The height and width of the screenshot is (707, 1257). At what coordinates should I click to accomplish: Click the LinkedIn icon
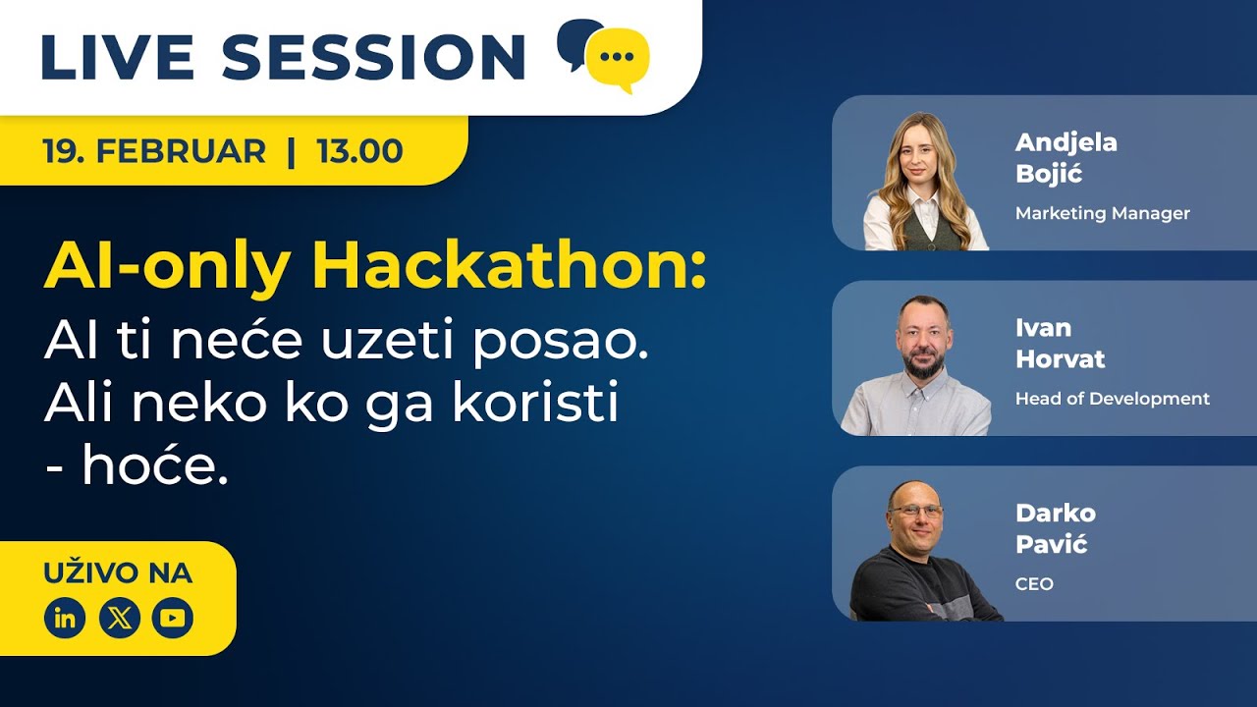point(65,618)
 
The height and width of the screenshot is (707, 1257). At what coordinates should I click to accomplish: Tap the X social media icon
point(119,618)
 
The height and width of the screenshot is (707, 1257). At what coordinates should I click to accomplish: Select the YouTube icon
point(173,618)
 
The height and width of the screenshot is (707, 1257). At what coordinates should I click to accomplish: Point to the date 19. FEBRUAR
point(154,151)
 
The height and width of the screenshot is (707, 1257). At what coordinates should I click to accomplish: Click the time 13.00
point(359,151)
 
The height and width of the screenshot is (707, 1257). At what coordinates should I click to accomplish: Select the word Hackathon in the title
point(512,266)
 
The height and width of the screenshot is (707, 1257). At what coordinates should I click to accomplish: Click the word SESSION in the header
point(374,57)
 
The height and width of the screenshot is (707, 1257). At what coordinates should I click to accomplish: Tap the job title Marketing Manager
point(1102,213)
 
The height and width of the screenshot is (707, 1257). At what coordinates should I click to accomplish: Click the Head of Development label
point(1112,399)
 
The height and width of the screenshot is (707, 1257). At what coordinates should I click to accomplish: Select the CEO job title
point(1034,584)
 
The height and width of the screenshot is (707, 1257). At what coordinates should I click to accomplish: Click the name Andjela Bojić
point(1066,158)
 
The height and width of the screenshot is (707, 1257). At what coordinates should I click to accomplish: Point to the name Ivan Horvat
point(1060,344)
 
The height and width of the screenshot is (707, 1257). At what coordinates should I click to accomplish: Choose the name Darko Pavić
point(1055,528)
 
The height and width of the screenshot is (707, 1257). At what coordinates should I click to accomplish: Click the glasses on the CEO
point(916,512)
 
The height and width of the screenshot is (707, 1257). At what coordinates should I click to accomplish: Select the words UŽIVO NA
point(118,572)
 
